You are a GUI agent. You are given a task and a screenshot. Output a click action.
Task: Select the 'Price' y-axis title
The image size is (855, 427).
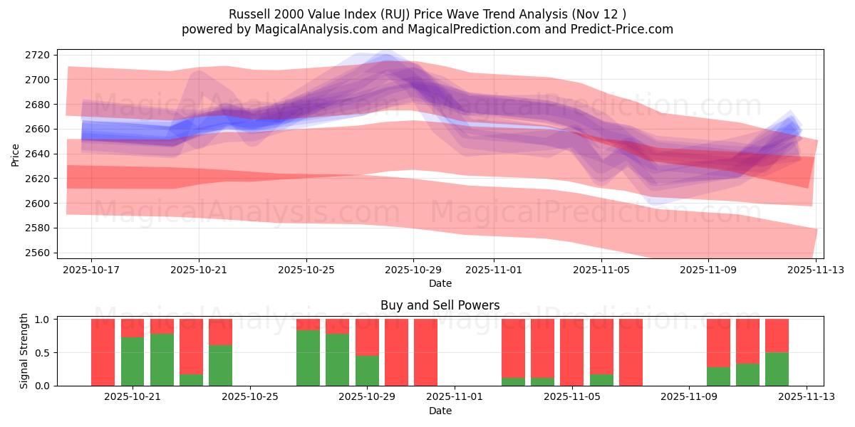pyautogui.click(x=16, y=154)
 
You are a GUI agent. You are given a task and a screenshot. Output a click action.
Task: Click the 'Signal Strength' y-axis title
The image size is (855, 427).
pyautogui.click(x=24, y=351)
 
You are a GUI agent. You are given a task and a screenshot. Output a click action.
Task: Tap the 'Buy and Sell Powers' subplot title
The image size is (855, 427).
pyautogui.click(x=440, y=305)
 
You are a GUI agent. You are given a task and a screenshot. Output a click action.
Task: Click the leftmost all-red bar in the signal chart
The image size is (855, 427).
pyautogui.click(x=103, y=352)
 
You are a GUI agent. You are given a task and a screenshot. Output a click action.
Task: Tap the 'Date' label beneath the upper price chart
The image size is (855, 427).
pyautogui.click(x=440, y=283)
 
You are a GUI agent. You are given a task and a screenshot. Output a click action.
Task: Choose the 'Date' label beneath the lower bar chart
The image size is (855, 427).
pyautogui.click(x=440, y=411)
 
